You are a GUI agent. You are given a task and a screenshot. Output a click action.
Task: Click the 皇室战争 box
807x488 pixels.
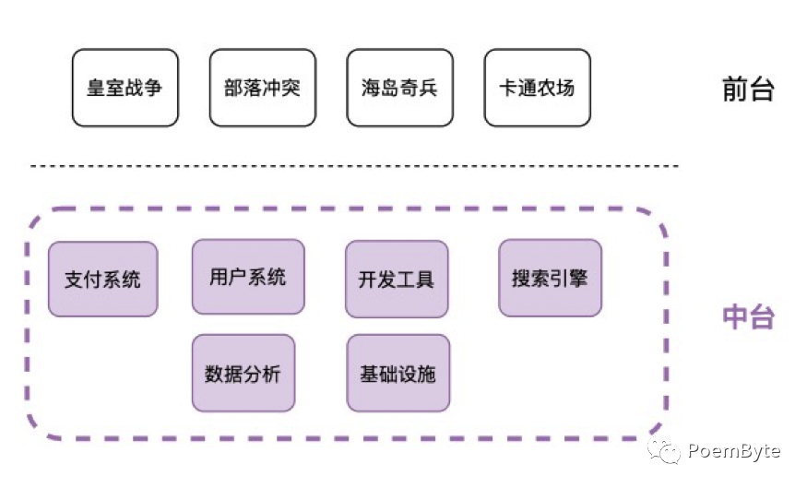125,89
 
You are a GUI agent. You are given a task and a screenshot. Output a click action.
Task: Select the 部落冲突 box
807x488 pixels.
262,89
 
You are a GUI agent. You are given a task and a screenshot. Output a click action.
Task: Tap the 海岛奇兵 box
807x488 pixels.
399,89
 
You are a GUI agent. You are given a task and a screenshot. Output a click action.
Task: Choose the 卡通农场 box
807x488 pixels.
537,89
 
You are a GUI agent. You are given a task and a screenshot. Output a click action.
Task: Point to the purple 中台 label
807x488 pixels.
747,316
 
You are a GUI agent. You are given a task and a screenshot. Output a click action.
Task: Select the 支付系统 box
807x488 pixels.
102,280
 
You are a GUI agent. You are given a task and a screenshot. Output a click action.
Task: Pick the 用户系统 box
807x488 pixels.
247,277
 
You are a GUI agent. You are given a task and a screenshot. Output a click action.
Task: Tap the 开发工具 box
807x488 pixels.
397,280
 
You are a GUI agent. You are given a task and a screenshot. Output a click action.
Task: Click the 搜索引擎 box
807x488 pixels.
550,278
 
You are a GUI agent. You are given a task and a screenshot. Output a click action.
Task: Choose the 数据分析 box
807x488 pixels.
243,374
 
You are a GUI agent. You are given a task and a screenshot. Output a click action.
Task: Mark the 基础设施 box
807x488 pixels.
398,374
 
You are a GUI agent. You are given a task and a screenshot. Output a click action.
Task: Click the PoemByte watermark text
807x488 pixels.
733,451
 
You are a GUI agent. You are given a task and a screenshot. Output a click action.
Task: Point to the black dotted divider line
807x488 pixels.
355,166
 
